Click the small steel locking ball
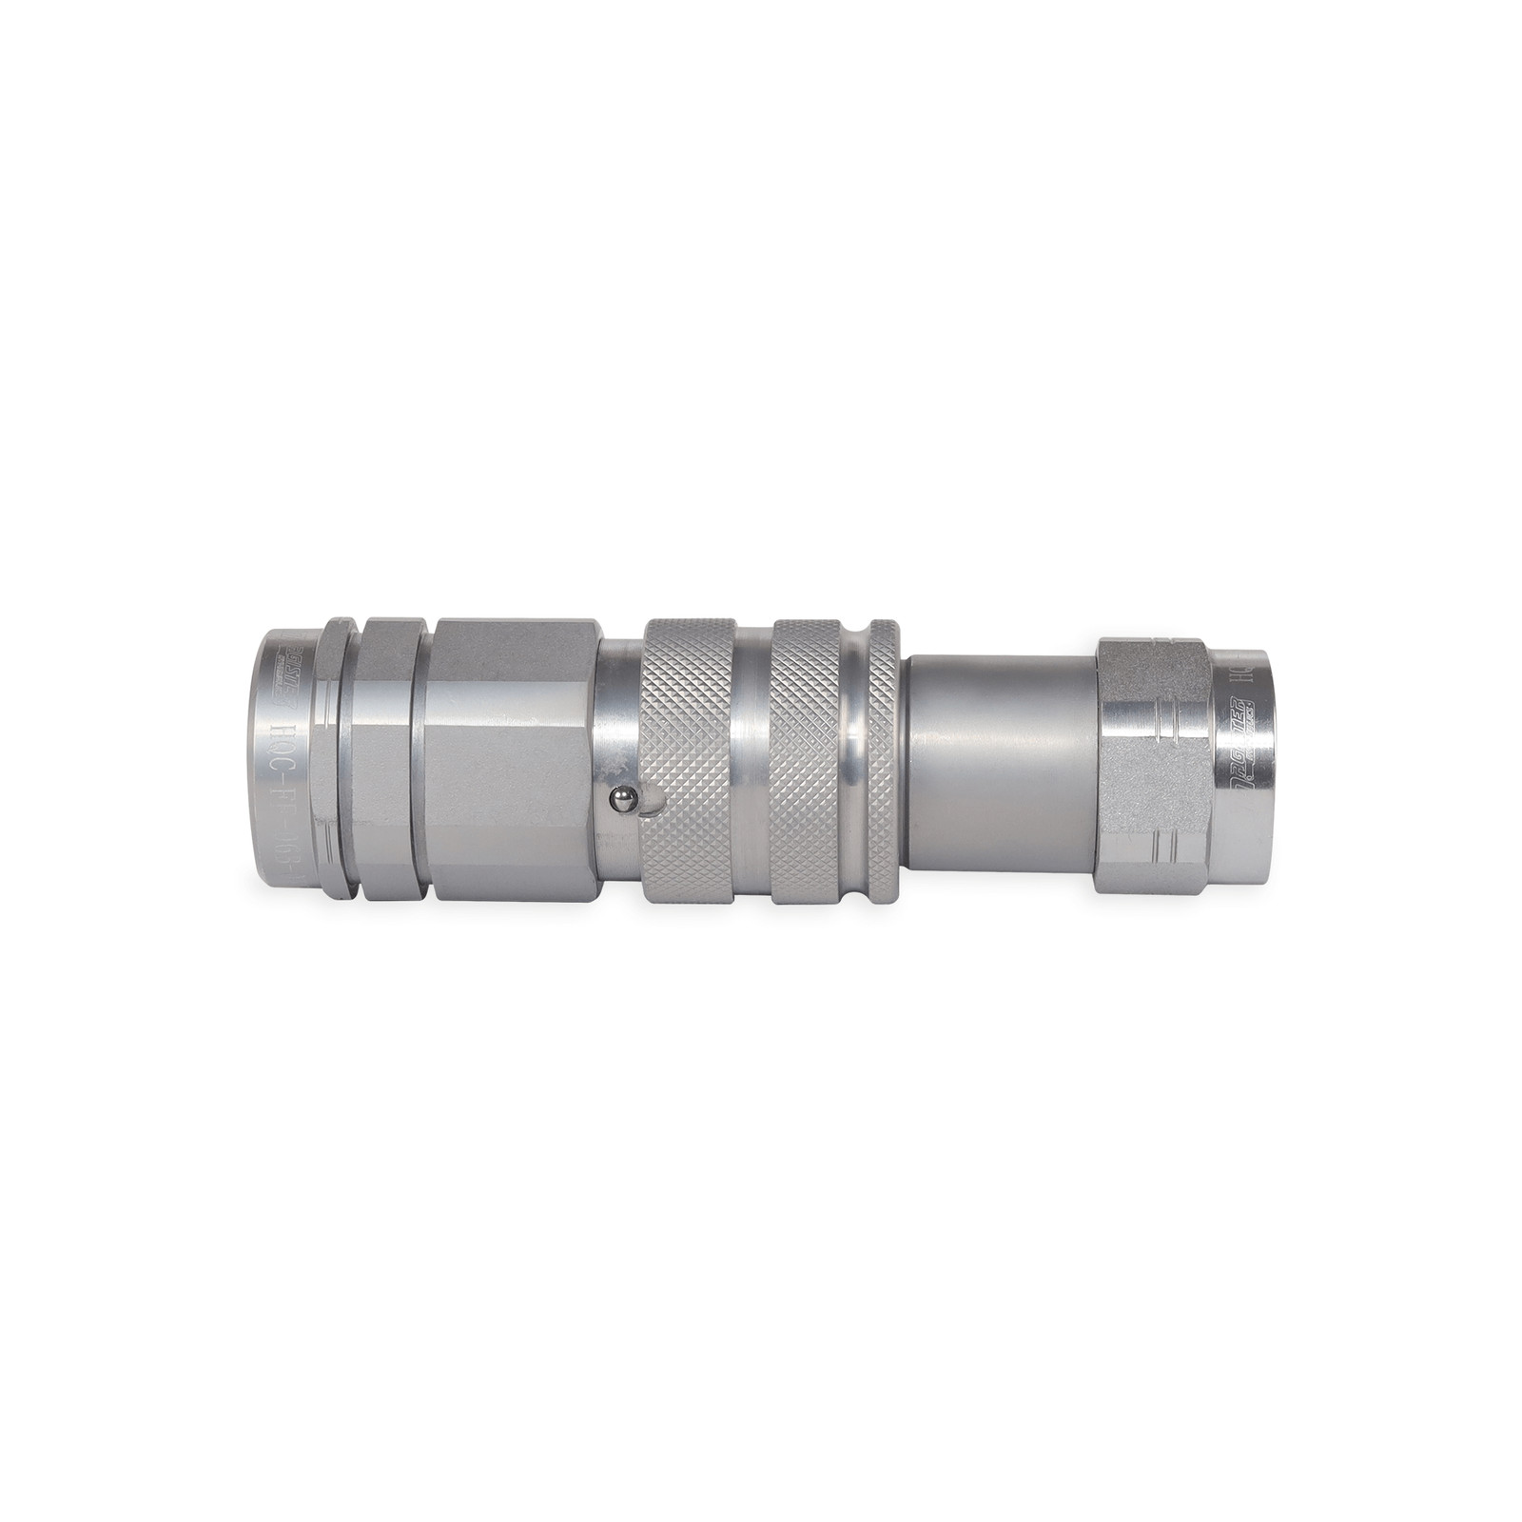point(618,802)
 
